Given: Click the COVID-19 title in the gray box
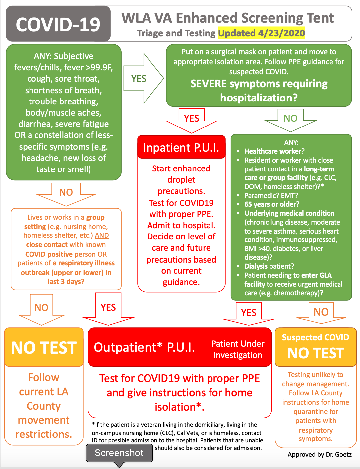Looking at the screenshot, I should (x=58, y=25).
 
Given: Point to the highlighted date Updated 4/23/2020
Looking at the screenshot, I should (x=261, y=33).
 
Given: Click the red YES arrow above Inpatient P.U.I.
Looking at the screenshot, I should (x=192, y=119).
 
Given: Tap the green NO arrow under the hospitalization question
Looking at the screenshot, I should (x=290, y=119).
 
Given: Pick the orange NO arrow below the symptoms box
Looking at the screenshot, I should (x=66, y=193).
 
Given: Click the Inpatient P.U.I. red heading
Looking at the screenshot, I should (x=181, y=147).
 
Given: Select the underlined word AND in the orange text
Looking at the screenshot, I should (x=102, y=235).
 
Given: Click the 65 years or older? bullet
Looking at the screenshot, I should (x=272, y=204).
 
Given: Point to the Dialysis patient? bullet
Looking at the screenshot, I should (x=269, y=266).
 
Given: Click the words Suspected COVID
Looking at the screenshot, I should (x=315, y=337).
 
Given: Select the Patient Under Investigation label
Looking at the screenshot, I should (x=238, y=349).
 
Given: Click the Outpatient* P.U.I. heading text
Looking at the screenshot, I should (x=145, y=347).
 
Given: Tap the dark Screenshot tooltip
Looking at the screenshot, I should (x=119, y=453).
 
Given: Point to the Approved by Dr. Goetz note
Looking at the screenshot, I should (x=320, y=454).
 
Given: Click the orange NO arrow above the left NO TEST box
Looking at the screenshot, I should (x=42, y=308).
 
